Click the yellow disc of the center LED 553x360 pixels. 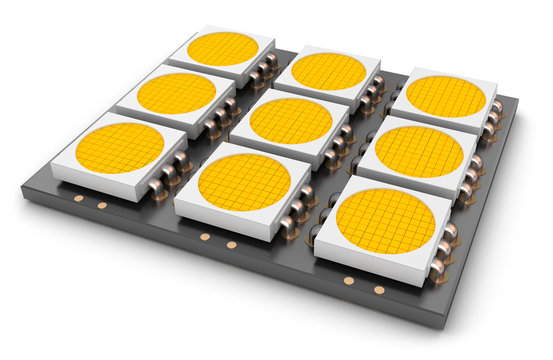click(x=290, y=121)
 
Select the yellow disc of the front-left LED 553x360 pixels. click(x=119, y=147)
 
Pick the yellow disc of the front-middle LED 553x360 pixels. click(x=244, y=182)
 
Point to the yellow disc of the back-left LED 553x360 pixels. click(x=222, y=49)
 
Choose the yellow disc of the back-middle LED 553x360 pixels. click(x=329, y=71)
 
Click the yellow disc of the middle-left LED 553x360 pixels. click(x=176, y=93)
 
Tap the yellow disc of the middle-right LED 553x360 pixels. click(x=418, y=151)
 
